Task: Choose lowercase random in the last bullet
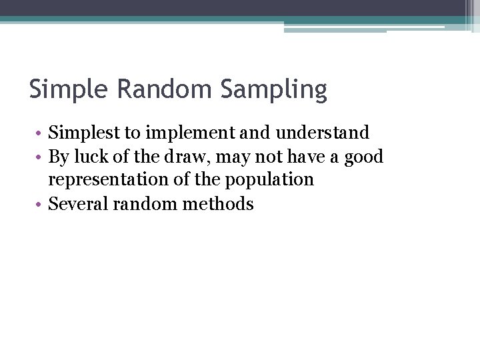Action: (x=142, y=204)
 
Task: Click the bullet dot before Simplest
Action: (x=41, y=133)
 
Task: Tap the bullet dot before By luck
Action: (x=41, y=157)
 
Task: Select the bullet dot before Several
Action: (x=41, y=205)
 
